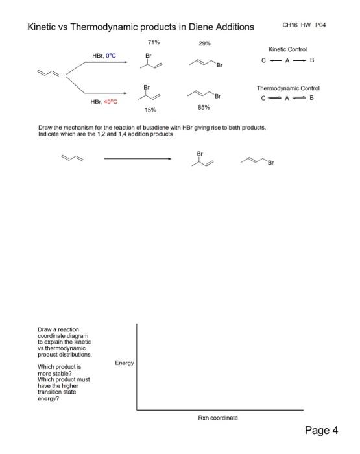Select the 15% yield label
(150, 110)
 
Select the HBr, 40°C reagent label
(105, 102)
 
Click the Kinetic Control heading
(287, 49)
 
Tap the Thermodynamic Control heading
(288, 88)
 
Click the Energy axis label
(124, 363)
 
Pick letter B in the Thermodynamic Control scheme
(311, 98)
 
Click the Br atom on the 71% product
(148, 56)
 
